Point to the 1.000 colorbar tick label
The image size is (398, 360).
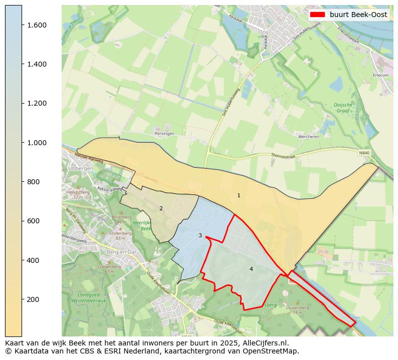[37, 143]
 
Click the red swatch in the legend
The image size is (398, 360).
[318, 15]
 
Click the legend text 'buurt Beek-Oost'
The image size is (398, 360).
[358, 15]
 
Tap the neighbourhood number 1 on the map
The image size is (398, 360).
[239, 195]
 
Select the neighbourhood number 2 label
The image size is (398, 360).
[161, 208]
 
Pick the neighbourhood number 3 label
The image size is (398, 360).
[200, 235]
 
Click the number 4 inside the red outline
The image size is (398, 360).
[251, 269]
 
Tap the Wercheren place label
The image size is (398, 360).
[308, 136]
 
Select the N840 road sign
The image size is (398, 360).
[364, 153]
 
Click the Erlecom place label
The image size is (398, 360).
[380, 75]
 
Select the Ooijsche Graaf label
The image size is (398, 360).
[343, 108]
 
